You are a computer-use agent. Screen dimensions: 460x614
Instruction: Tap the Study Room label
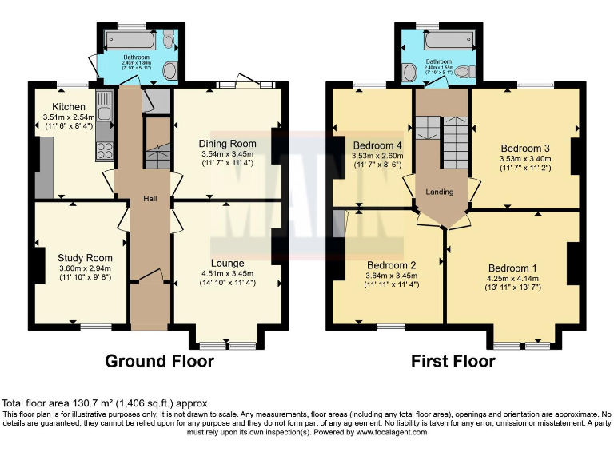[x=85, y=258]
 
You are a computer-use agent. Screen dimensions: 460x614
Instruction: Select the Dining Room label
[x=226, y=144]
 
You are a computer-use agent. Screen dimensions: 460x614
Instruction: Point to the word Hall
[x=150, y=199]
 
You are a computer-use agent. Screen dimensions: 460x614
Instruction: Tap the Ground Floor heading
[x=160, y=361]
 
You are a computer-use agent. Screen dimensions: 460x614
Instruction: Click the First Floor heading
[x=453, y=361]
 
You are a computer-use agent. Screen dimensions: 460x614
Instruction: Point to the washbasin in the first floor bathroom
[x=410, y=73]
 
